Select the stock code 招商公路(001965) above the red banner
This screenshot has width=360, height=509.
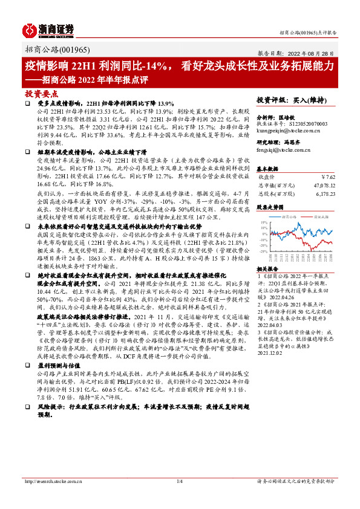(x=51, y=50)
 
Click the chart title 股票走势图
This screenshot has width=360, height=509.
(x=269, y=207)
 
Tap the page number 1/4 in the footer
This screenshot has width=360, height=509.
(x=180, y=499)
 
